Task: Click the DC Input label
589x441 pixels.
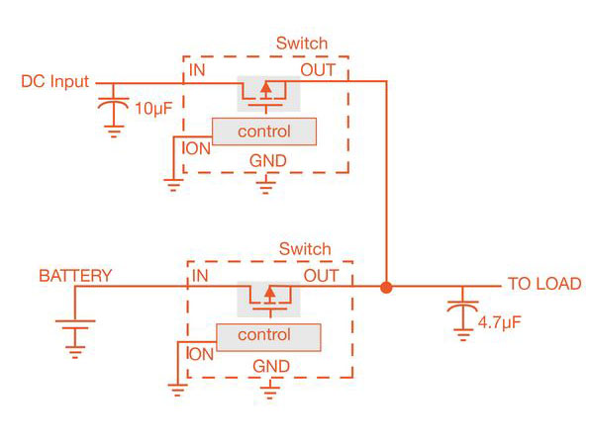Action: (x=54, y=81)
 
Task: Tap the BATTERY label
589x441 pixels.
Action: (x=75, y=276)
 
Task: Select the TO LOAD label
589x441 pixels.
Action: (x=544, y=283)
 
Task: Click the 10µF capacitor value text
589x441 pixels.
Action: (x=151, y=108)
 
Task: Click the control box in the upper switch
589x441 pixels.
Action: (x=264, y=132)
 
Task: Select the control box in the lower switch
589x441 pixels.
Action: (x=265, y=335)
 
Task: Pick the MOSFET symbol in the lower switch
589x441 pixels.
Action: (x=265, y=296)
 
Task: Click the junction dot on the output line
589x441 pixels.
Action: (x=386, y=288)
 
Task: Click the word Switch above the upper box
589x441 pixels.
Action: (x=301, y=44)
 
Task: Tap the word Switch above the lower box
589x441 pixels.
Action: (x=305, y=248)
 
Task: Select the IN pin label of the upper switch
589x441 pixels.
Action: (x=198, y=71)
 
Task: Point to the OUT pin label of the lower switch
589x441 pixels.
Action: (x=321, y=275)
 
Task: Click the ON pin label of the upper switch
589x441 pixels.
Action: (x=199, y=148)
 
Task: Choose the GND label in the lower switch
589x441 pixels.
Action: (x=270, y=366)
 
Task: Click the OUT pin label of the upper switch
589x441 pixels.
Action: (x=318, y=71)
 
